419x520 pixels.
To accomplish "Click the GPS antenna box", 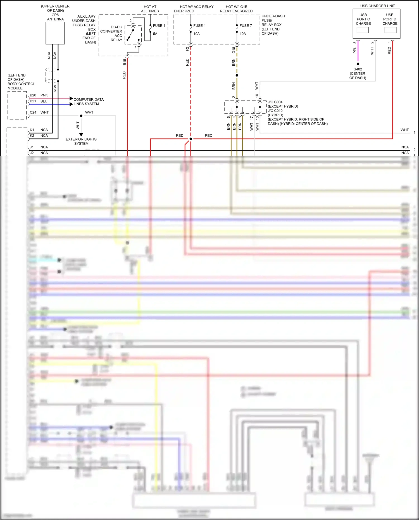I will click(x=55, y=33).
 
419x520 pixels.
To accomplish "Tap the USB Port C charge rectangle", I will click(x=363, y=30).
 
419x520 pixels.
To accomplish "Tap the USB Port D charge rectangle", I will click(x=390, y=30).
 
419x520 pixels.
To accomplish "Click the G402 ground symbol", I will click(x=358, y=64).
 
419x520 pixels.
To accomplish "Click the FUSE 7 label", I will click(x=246, y=26).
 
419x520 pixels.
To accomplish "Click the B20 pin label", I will click(x=33, y=95).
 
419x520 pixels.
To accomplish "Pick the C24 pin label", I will click(x=33, y=113).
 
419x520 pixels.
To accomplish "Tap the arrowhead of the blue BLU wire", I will click(x=71, y=104).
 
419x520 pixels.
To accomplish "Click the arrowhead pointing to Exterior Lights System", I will click(x=81, y=135).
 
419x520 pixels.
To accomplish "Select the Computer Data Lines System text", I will click(x=88, y=102).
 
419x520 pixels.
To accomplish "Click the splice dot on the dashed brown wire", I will click(x=237, y=75).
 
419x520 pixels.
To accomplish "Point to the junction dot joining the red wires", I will click(x=191, y=139).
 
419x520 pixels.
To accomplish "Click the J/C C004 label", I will click(x=275, y=102).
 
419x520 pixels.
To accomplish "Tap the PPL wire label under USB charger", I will click(x=355, y=50).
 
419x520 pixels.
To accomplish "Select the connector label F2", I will click(x=187, y=49).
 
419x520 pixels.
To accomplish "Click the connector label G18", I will click(x=234, y=50).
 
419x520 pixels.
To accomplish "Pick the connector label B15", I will click(x=124, y=62).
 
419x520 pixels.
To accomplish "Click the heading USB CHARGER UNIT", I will click(x=377, y=6).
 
